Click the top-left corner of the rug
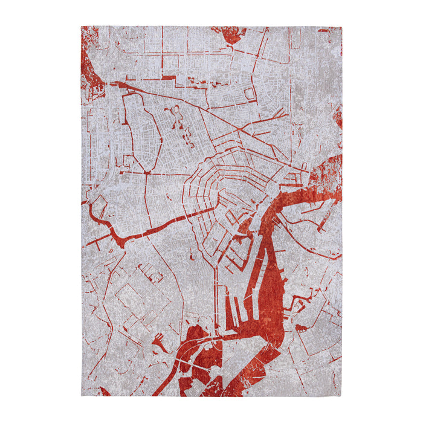[82, 27]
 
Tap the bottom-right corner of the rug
[341, 396]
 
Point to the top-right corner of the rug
[341, 27]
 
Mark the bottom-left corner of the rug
[82, 396]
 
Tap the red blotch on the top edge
[231, 34]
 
